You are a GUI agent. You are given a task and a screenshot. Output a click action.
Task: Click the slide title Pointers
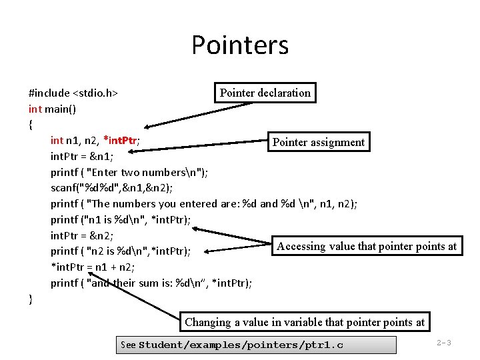[x=240, y=45]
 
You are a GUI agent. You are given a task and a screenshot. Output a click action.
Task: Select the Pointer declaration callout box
[x=265, y=93]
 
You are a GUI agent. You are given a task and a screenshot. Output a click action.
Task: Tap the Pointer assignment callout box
[x=318, y=142]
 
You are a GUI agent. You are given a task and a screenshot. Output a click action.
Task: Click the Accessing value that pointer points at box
[x=367, y=246]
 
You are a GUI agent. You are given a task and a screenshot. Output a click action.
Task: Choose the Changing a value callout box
[x=305, y=322]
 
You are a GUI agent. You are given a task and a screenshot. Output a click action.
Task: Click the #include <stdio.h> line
[x=73, y=93]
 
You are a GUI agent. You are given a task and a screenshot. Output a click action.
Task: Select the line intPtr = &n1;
[x=82, y=157]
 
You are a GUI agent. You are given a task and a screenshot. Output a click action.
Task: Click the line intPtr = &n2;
[x=82, y=235]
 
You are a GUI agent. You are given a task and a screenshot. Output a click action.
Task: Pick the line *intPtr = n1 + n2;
[x=93, y=267]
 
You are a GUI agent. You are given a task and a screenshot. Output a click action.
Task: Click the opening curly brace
[x=31, y=125]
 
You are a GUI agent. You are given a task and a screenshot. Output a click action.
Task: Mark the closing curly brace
[x=31, y=299]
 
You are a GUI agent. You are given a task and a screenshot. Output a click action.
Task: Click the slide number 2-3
[x=444, y=343]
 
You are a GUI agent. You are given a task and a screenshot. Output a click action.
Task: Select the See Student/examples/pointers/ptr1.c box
[x=255, y=345]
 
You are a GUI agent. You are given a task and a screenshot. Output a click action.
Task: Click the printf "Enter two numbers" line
[x=129, y=173]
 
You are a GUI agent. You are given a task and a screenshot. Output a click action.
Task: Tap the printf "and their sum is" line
[x=151, y=283]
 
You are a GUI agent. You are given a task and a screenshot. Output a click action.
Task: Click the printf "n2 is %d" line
[x=121, y=251]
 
